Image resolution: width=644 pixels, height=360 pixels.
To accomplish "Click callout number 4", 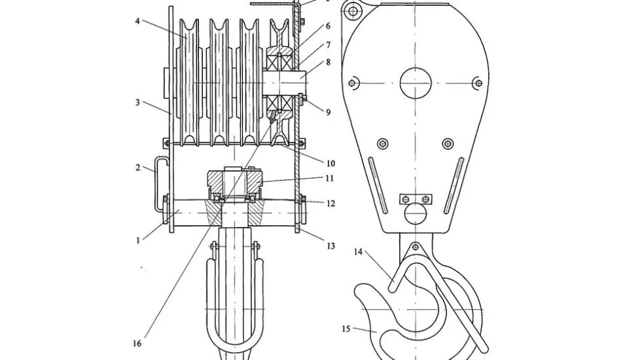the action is pos(137,20).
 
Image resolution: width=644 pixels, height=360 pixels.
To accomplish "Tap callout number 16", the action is pos(137,343).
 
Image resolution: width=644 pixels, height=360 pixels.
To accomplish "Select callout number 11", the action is pos(329,178).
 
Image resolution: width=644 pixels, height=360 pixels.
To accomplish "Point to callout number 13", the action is pos(331,245).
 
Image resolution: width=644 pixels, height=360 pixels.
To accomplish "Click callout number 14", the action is pos(358,251).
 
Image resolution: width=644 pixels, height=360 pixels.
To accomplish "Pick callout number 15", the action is pos(346,329).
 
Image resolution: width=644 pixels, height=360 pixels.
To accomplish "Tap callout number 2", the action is pos(137,168).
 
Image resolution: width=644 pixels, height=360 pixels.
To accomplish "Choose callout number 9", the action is pos(328,112).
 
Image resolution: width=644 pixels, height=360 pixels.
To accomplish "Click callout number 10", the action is pos(331,164).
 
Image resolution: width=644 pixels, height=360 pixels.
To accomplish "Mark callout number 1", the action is pos(138,240).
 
